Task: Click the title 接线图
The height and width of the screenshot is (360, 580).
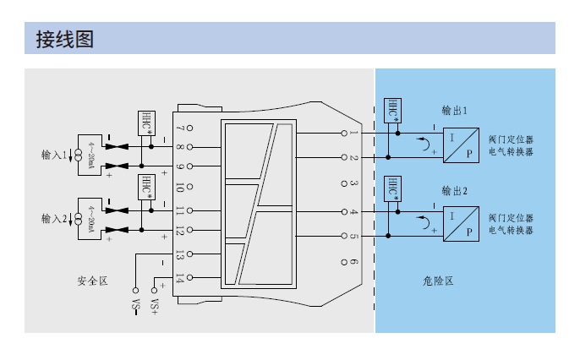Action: tap(63, 39)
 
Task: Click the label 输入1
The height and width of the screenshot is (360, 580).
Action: tap(54, 155)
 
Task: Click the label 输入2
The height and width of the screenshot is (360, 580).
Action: tap(54, 218)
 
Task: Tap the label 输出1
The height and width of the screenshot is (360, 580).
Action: tap(455, 111)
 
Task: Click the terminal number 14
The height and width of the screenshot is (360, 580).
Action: tap(179, 277)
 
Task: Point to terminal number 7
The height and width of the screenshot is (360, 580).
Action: tap(179, 128)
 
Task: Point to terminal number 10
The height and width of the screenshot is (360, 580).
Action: tap(179, 188)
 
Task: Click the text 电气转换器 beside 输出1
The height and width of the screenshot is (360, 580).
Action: tap(512, 152)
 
